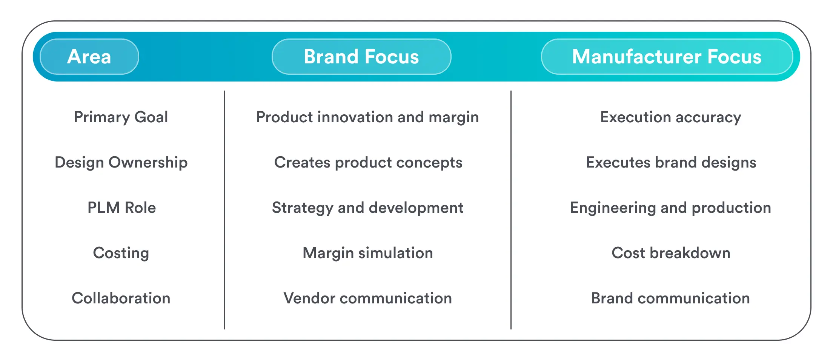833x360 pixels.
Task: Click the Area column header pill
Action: tap(89, 57)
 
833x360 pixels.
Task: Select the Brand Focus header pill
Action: tap(361, 57)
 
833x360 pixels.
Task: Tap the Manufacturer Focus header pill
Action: tap(667, 57)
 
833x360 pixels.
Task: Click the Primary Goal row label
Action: tap(121, 117)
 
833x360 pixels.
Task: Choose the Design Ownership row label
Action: tap(121, 162)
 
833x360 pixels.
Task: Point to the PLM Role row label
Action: tap(121, 208)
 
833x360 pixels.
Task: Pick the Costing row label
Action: tap(121, 253)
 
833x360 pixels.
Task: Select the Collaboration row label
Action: tap(121, 298)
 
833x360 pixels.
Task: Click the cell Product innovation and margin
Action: tap(367, 117)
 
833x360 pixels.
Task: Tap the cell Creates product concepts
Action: tap(368, 162)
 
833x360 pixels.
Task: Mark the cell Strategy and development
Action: tap(367, 208)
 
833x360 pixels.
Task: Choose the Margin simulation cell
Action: tap(367, 253)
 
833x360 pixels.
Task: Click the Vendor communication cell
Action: tap(367, 298)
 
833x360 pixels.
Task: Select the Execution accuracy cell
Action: tap(670, 117)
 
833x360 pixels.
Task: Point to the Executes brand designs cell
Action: tap(671, 162)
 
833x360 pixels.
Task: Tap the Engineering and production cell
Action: tap(670, 208)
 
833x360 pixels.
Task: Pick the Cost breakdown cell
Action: tap(671, 253)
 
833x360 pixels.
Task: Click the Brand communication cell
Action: tap(670, 298)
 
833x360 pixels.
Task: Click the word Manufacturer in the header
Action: tap(636, 57)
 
